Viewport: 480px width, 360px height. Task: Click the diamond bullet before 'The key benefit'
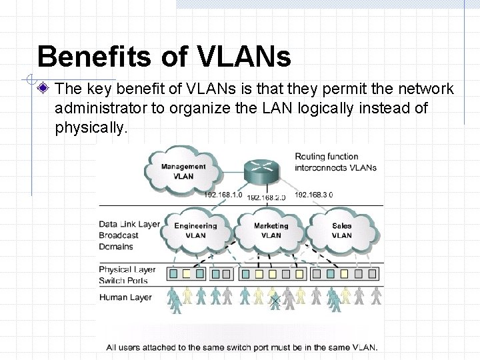(43, 89)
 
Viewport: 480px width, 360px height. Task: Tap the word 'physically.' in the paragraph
(91, 127)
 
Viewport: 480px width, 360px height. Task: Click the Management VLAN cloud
(183, 171)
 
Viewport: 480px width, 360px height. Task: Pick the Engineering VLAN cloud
(195, 231)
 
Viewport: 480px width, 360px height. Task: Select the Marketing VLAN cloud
(271, 231)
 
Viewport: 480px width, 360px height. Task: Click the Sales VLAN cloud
(341, 231)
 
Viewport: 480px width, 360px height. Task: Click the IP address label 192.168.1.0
(224, 195)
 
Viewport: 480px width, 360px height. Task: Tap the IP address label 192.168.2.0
(266, 197)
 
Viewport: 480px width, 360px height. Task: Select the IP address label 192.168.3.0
(313, 195)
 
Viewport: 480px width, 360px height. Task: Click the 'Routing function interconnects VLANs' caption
(335, 162)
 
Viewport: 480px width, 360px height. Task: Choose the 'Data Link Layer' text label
(129, 225)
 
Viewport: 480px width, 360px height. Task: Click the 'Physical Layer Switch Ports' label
(127, 275)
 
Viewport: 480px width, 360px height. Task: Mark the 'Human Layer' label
(125, 297)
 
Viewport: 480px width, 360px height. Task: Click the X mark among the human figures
(275, 301)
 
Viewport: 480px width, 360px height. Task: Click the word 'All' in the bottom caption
(113, 347)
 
